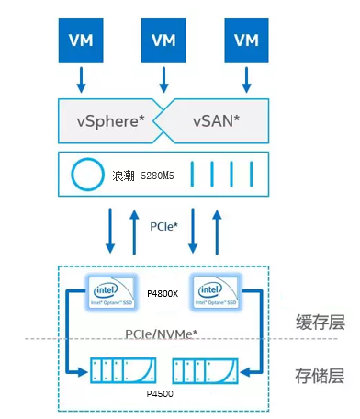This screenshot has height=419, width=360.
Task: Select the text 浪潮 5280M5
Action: coord(137,174)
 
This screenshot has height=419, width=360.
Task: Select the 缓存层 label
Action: coord(321,322)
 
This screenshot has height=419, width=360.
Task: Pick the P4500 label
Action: coord(163,393)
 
